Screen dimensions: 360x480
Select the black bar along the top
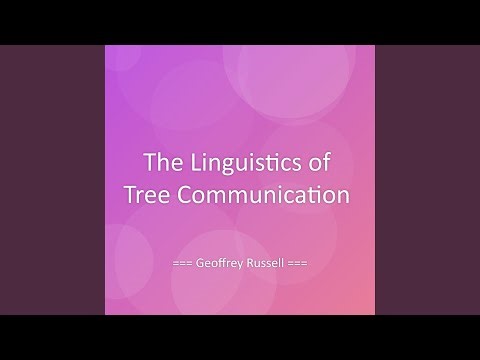240,21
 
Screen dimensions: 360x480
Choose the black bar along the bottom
240,337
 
